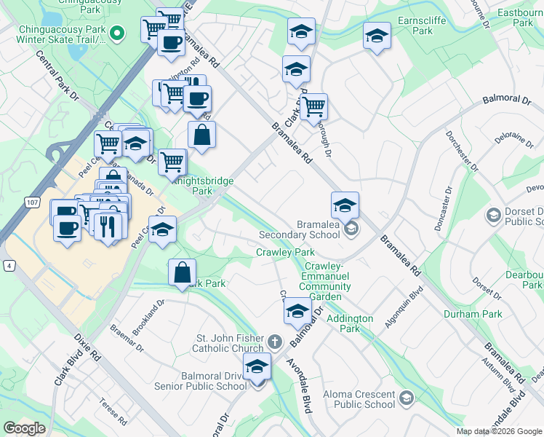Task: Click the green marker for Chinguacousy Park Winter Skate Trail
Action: pos(121,32)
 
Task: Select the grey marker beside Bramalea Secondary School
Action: pos(351,229)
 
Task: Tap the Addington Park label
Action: pos(349,324)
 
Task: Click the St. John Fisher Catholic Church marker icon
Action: pos(274,341)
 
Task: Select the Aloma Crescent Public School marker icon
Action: pos(406,398)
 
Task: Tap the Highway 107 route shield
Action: pos(31,201)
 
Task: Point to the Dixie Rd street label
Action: pos(87,347)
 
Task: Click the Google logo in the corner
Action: pos(24,428)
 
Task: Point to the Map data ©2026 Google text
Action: pos(498,431)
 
